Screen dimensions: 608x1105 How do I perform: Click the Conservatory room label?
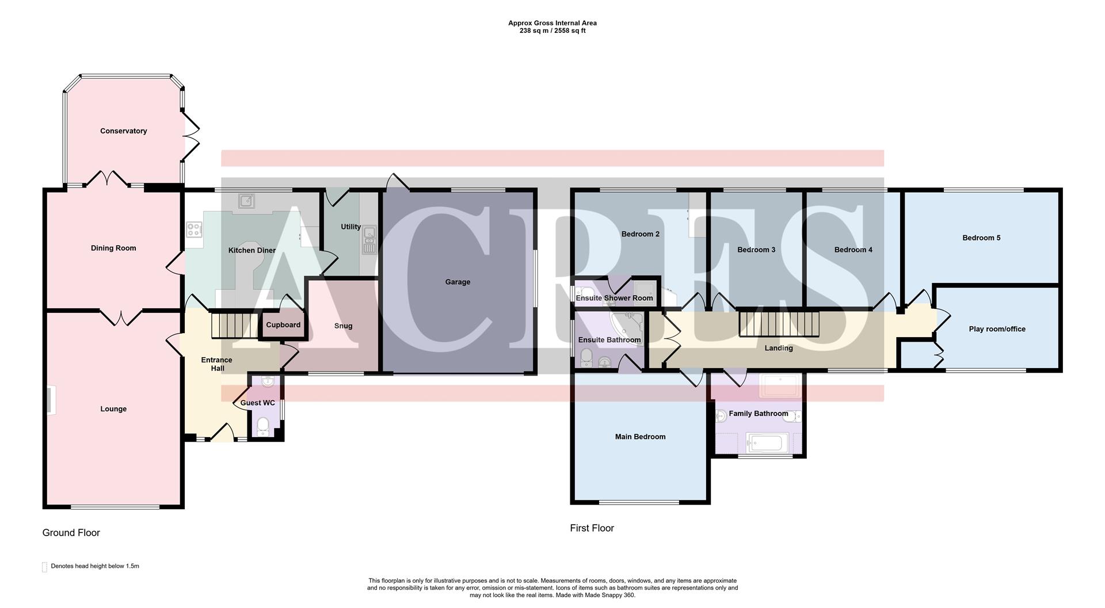tap(123, 131)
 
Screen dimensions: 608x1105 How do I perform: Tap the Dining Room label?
tap(113, 248)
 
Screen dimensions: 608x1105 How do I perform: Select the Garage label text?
tap(458, 282)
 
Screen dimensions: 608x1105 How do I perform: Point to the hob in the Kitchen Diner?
tap(193, 230)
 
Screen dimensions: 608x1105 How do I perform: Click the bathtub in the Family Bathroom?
tap(764, 443)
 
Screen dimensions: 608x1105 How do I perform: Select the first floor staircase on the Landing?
tap(779, 324)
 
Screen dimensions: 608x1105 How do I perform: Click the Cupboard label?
tap(283, 325)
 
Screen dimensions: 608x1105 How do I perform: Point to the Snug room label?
tap(343, 326)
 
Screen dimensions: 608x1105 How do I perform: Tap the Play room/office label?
tap(997, 329)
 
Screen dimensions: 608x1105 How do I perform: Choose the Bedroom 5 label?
tap(981, 238)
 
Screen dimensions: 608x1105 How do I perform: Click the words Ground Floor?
tap(71, 533)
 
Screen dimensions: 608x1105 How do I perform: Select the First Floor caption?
tap(592, 528)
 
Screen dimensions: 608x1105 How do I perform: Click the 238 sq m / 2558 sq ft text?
tap(552, 31)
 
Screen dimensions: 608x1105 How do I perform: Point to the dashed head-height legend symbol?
tap(44, 567)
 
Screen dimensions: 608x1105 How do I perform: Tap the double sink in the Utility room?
tap(369, 240)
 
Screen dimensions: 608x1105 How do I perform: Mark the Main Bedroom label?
tap(640, 437)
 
